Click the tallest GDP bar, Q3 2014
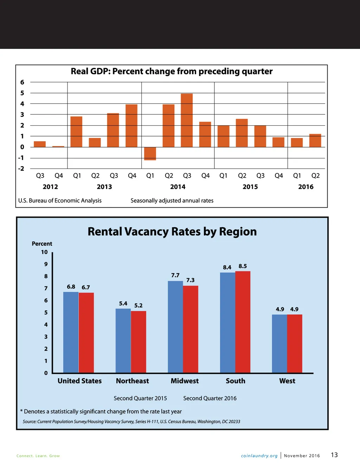coord(187,120)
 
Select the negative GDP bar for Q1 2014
coord(150,154)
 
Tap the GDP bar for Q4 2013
coord(131,126)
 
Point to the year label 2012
coord(50,187)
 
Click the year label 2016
coord(306,187)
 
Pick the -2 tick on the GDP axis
coord(21,169)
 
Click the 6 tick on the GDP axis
coord(22,82)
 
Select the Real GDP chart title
coord(172,71)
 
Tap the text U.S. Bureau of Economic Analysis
coord(60,201)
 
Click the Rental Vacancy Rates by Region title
coord(172,232)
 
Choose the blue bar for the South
coord(227,323)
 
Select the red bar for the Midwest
coord(191,329)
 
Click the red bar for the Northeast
coord(139,342)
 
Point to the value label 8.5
coord(243,266)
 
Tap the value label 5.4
coord(123,304)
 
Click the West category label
coord(287,381)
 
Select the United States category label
coord(79,381)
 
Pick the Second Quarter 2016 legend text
coord(210,398)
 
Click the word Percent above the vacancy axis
coord(42,244)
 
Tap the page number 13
coord(334,455)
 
